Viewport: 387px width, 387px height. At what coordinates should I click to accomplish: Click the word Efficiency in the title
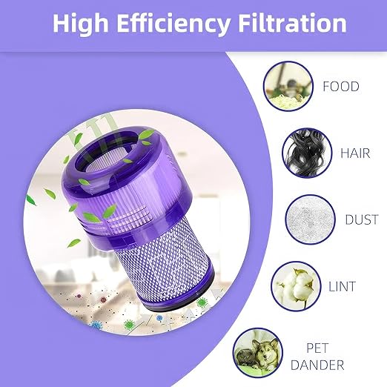coord(175,24)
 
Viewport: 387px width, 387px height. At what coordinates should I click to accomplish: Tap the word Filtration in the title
coord(292,24)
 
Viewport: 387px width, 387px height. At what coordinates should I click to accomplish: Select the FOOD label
coord(340,87)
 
